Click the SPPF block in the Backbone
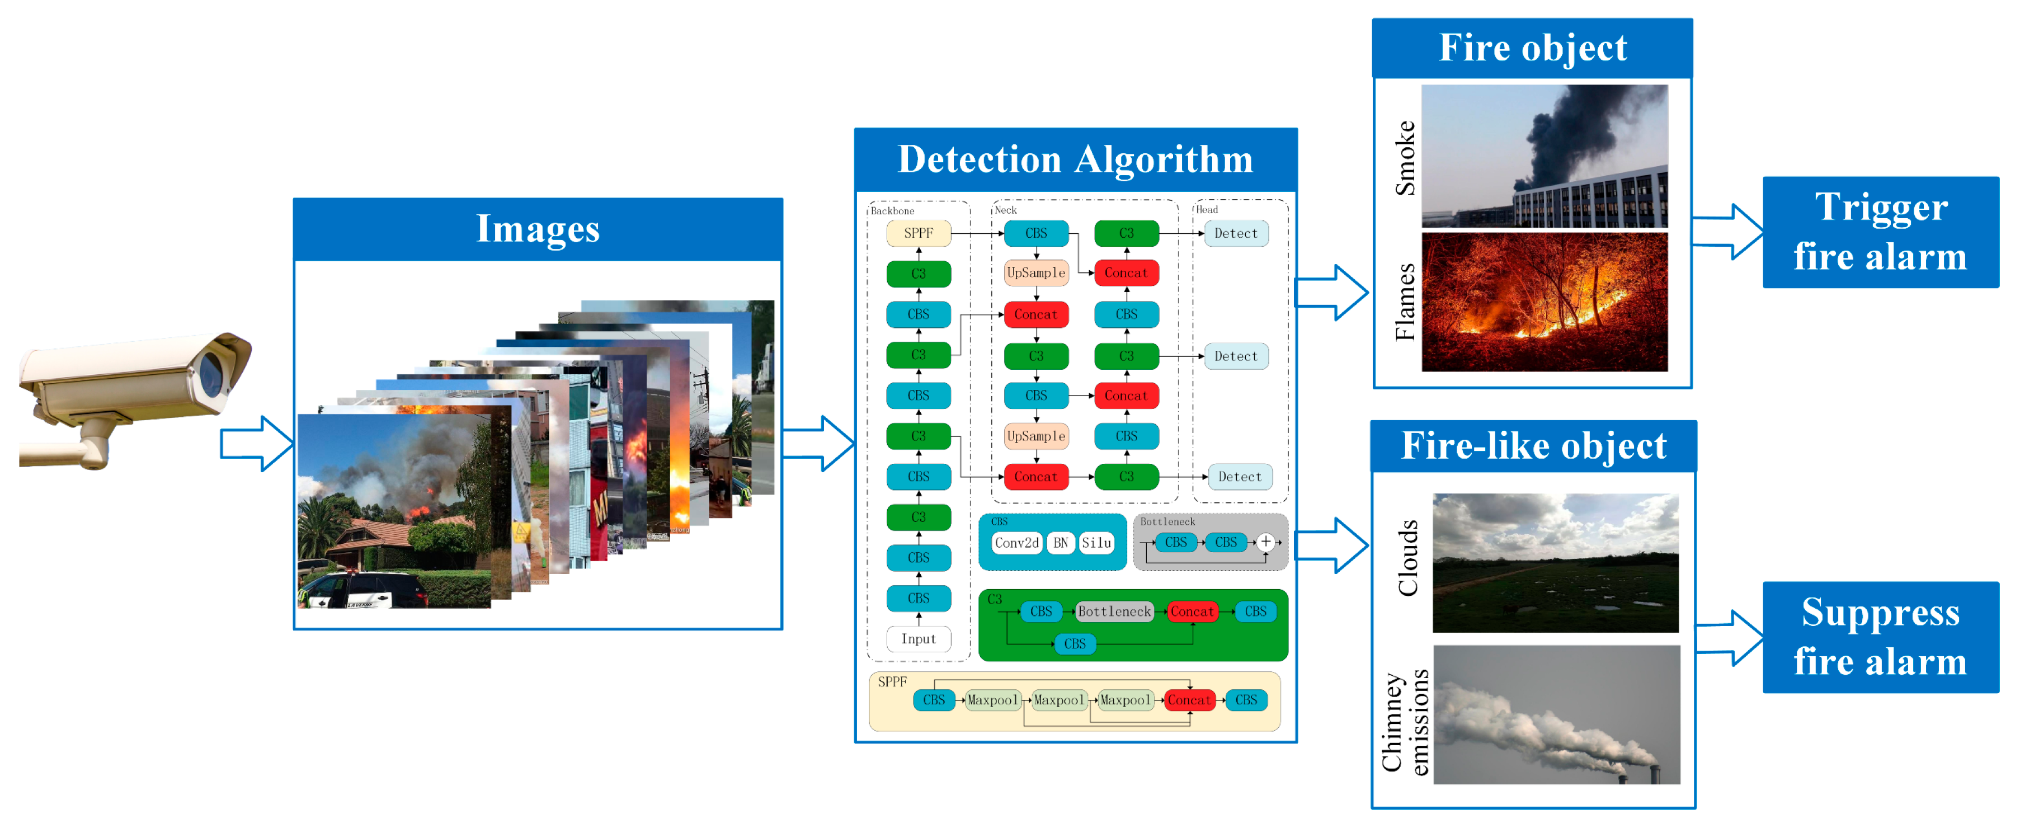pyautogui.click(x=918, y=233)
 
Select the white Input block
pyautogui.click(x=918, y=638)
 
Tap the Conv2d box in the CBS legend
pyautogui.click(x=1016, y=543)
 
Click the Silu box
pyautogui.click(x=1096, y=543)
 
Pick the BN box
pyautogui.click(x=1060, y=543)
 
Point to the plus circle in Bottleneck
pyautogui.click(x=1265, y=542)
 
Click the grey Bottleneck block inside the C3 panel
pyautogui.click(x=1114, y=611)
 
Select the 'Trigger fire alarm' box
pyautogui.click(x=1880, y=232)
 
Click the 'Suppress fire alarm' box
pyautogui.click(x=1880, y=637)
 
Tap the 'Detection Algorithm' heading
pyautogui.click(x=1075, y=159)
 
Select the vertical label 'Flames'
pyautogui.click(x=1405, y=302)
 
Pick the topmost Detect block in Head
pyautogui.click(x=1236, y=233)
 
